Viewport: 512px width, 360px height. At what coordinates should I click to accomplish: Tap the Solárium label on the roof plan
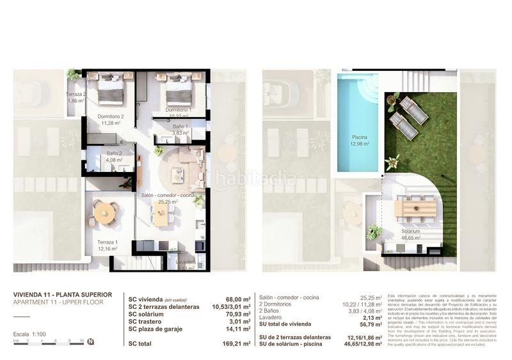click(x=410, y=234)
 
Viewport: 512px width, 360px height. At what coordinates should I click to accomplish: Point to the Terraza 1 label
click(x=107, y=246)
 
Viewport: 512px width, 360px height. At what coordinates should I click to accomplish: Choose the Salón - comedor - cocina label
click(x=168, y=198)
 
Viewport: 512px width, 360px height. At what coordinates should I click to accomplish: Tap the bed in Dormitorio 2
click(x=111, y=89)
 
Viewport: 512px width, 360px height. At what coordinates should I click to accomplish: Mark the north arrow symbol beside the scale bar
click(x=90, y=341)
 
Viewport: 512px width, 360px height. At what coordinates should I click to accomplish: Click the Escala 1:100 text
click(x=29, y=334)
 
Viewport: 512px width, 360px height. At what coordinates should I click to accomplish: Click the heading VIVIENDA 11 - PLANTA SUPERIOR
click(x=63, y=295)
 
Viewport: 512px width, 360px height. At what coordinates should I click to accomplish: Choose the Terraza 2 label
click(x=76, y=97)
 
